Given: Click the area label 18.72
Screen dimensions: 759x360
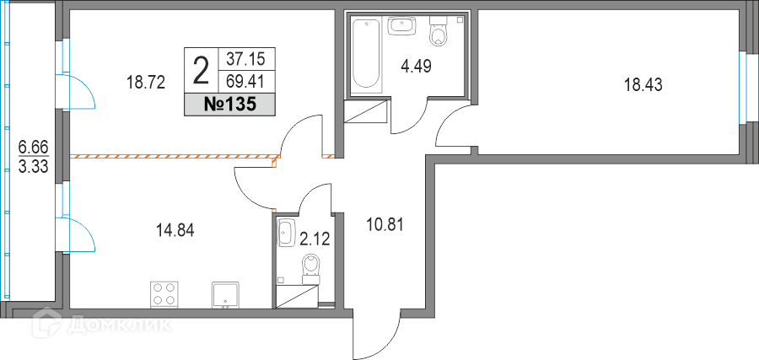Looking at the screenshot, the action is [146, 83].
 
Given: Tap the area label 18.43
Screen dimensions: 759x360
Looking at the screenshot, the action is [643, 86].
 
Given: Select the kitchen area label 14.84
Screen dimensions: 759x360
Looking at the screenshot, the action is [175, 231].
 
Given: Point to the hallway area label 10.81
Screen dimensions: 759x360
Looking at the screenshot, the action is [384, 224].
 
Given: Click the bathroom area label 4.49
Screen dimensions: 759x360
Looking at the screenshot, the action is [416, 65].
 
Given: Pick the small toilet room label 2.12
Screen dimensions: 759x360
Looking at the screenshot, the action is [315, 239].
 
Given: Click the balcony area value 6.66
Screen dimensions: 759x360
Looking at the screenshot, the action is [34, 145].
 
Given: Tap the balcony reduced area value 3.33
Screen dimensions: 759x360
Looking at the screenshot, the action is [34, 168].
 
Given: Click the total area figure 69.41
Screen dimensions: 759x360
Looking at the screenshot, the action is [246, 81].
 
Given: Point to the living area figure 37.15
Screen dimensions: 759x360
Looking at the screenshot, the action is [246, 59].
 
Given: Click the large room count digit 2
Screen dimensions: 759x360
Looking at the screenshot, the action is [201, 70].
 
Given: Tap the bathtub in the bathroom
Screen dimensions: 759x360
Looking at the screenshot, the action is [366, 54].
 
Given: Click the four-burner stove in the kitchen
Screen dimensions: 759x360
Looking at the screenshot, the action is [164, 293].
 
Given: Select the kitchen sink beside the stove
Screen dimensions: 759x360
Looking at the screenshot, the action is [225, 295].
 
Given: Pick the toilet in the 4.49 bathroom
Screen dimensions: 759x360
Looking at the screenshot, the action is [439, 30].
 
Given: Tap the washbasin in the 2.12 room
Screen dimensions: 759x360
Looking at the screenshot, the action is [286, 233].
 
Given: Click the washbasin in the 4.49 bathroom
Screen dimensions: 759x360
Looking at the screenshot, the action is [402, 26].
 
